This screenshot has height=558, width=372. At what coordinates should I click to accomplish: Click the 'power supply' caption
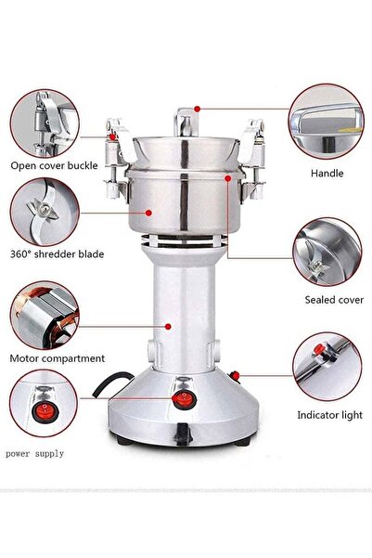click(x=35, y=454)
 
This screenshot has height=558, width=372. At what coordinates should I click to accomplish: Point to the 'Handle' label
click(x=327, y=173)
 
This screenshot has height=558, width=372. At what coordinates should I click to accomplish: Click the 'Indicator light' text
click(x=330, y=415)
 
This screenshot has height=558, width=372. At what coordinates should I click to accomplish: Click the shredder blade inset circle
click(x=44, y=211)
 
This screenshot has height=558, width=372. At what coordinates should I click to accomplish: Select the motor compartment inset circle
click(x=44, y=315)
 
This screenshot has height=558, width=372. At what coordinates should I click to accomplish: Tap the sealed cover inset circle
click(x=327, y=251)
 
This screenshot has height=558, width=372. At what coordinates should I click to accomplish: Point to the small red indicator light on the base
click(x=234, y=375)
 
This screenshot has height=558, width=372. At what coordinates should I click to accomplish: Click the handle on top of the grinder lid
click(x=186, y=119)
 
